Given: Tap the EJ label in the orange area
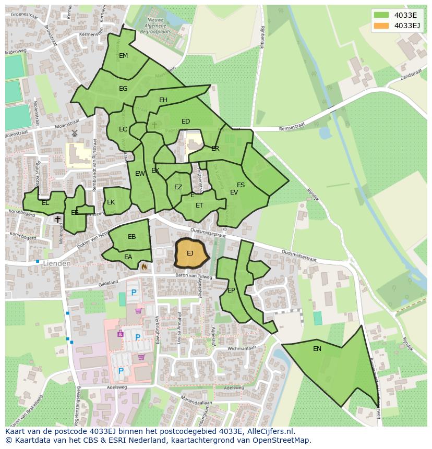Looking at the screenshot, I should (x=190, y=253).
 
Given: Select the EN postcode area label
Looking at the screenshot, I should (x=317, y=349).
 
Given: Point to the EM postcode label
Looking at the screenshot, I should (x=123, y=56).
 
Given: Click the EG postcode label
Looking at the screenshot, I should (x=123, y=89).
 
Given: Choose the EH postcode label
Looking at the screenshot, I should (x=163, y=100).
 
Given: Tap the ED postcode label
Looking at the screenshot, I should (x=186, y=122).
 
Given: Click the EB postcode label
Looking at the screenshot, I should (x=132, y=237).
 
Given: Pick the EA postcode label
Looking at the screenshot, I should (x=128, y=257).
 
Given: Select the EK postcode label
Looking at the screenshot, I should (x=111, y=202).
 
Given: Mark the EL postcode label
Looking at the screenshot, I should (x=45, y=203).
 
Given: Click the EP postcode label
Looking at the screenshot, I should (x=231, y=290).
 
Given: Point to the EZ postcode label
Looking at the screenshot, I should (x=178, y=187).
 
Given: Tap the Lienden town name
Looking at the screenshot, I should (x=57, y=264).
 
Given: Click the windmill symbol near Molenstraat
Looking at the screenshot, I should (x=74, y=134).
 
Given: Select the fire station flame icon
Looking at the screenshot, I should (x=144, y=266).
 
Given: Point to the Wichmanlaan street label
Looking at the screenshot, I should (x=241, y=347).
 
